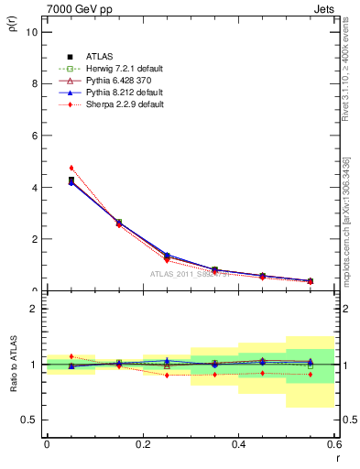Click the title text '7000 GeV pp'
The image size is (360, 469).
(x=74, y=8)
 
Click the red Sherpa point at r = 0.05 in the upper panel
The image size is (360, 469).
(x=71, y=168)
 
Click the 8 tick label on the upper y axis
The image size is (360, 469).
(x=34, y=83)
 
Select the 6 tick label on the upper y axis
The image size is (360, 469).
(x=34, y=136)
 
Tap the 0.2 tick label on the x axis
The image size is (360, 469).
(x=142, y=444)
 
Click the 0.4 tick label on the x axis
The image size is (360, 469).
(x=238, y=444)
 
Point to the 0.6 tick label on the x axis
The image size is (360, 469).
(x=333, y=444)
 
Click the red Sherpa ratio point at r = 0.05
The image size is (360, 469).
(x=71, y=356)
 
